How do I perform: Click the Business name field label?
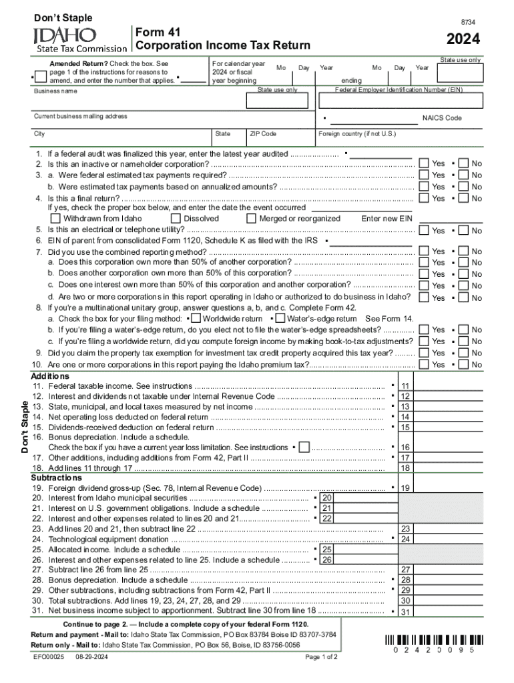coord(55,91)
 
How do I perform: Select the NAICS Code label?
coord(441,118)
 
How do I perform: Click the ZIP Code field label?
coord(263,134)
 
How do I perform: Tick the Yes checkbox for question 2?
coord(424,163)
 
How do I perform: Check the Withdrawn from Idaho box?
coord(57,218)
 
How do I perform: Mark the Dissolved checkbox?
coord(176,218)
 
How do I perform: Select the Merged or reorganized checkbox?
coord(252,218)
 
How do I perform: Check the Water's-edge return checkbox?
coord(280,319)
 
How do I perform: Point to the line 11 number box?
coord(405,386)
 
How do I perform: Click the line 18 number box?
coord(405,468)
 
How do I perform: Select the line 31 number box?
coord(405,612)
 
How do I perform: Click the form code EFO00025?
coord(49,658)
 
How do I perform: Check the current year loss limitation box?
coord(304,447)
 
